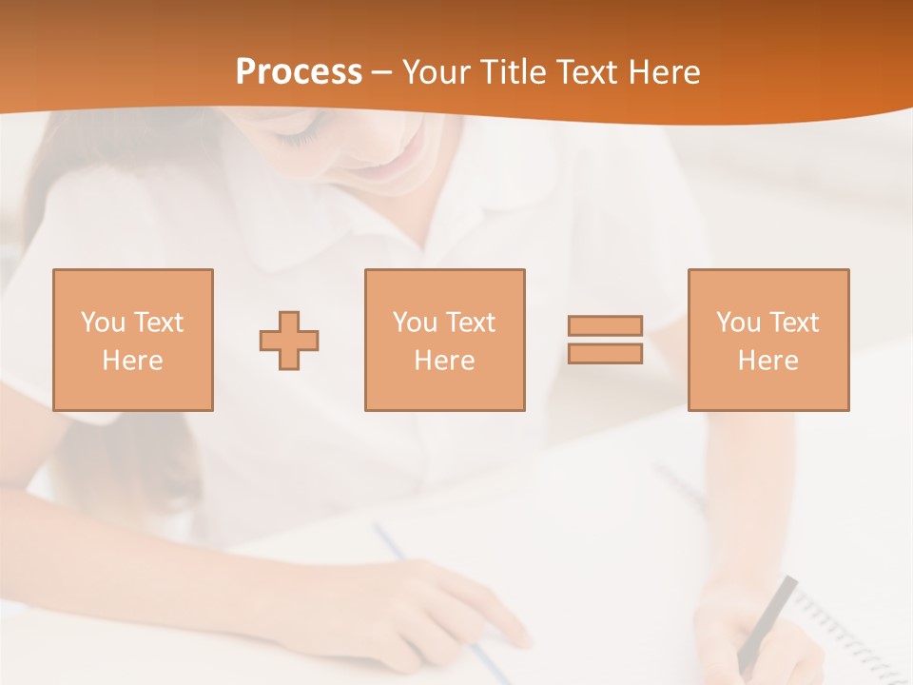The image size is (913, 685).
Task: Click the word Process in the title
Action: point(299,72)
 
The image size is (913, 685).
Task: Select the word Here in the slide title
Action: point(663,72)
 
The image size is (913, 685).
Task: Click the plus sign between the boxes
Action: point(289,341)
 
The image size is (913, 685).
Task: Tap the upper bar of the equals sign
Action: point(605,325)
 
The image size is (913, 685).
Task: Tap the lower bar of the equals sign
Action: point(605,353)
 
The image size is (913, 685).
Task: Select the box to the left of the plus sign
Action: point(132,340)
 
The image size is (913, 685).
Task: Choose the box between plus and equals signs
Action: point(444,340)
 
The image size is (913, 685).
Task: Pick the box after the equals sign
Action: point(767,340)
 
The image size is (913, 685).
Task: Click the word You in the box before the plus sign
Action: point(103,323)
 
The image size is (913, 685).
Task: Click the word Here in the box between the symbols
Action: point(444,361)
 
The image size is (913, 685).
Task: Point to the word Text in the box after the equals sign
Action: point(793,323)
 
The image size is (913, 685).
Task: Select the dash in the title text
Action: point(381,72)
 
